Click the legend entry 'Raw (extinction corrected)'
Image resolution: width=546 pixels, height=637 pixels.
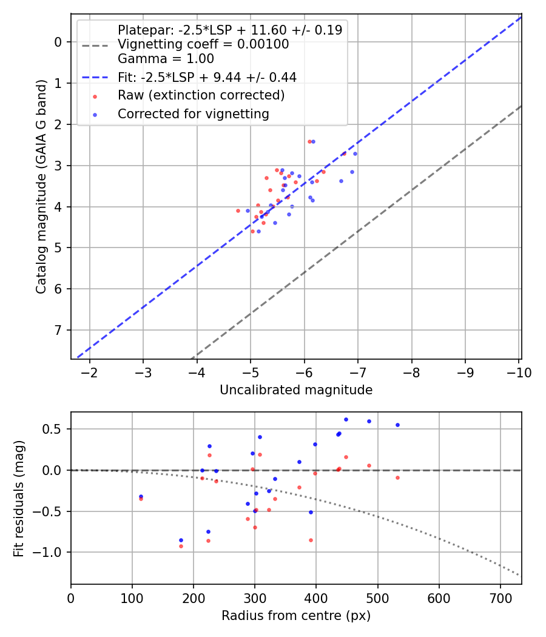pos(201,95)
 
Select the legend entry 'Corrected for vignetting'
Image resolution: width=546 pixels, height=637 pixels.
pos(193,114)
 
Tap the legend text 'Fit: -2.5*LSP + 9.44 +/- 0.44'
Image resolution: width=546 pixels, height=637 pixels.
pos(207,77)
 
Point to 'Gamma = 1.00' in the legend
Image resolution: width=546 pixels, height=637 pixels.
pos(166,59)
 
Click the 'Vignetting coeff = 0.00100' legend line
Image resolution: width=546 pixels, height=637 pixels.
pos(203,44)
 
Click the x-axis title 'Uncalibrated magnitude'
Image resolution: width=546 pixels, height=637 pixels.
pos(296,390)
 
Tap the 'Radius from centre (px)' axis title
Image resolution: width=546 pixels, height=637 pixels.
pos(296,616)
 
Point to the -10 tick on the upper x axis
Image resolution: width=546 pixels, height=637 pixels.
pos(519,372)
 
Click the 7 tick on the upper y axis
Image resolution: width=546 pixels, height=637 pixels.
pos(58,330)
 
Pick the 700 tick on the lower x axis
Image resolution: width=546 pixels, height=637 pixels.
pos(500,598)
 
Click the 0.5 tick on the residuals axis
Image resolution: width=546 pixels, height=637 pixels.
pos(55,429)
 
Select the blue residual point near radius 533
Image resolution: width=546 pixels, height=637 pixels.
pos(397,425)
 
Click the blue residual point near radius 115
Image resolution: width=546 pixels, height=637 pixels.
pos(141,496)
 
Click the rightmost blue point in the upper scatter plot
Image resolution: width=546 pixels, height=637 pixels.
pos(355,153)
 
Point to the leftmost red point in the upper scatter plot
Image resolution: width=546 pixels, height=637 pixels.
pos(238,211)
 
